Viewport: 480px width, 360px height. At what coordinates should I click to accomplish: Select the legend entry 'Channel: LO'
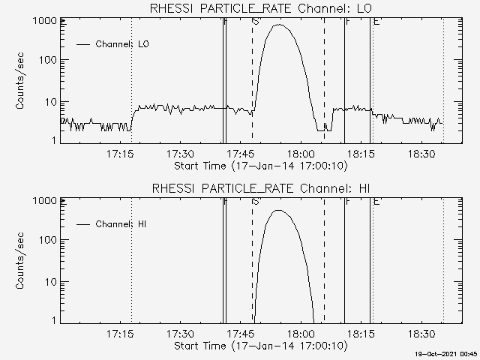coord(122,44)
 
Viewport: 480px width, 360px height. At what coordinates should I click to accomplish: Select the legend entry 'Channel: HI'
coord(121,224)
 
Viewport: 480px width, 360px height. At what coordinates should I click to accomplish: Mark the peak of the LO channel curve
coord(279,25)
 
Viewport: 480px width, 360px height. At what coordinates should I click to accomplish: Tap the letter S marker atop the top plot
coord(256,22)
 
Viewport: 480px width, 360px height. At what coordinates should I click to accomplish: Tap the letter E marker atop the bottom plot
coord(376,201)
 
